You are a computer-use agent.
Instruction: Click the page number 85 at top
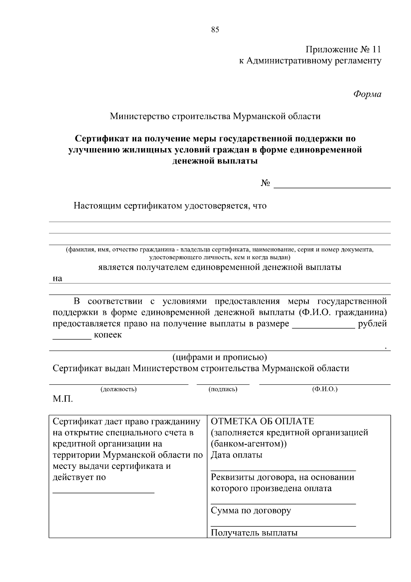tap(215, 30)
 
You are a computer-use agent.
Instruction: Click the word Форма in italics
tap(367, 94)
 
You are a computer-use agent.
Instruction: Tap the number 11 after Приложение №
tap(376, 50)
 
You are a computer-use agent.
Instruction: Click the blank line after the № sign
tap(332, 187)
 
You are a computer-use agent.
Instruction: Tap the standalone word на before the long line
tap(58, 278)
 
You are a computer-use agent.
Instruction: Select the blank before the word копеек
tap(72, 337)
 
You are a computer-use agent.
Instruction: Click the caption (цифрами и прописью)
tap(220, 357)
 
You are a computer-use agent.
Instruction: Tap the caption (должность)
tap(118, 389)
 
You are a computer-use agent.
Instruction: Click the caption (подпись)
tap(223, 389)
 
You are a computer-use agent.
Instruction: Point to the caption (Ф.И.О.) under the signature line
tap(325, 389)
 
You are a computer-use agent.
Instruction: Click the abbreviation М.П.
tap(63, 400)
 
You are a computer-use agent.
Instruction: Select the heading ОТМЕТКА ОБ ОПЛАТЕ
tap(262, 421)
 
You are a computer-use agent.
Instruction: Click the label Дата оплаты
tap(236, 455)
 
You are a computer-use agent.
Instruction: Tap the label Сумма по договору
tap(251, 511)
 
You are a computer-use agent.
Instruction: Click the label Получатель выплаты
tap(254, 533)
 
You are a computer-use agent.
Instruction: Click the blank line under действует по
tap(103, 492)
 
